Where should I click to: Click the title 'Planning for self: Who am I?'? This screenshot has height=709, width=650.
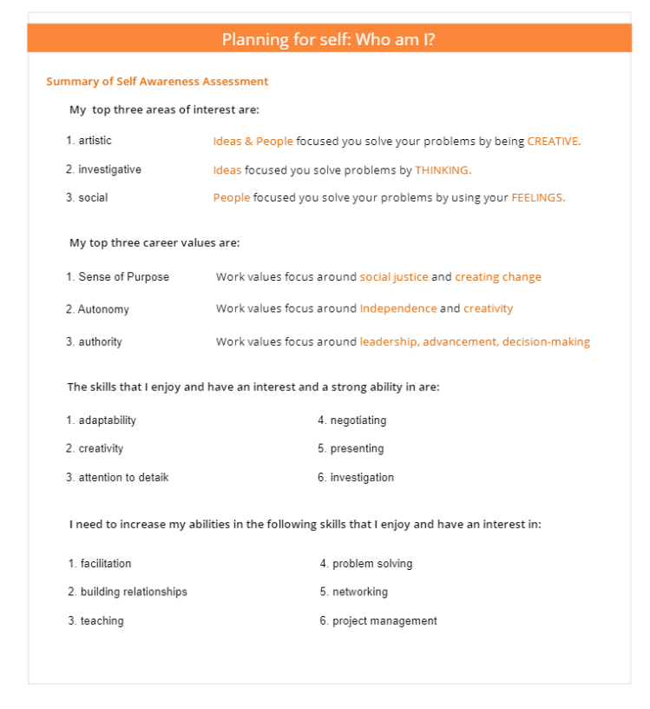(x=328, y=39)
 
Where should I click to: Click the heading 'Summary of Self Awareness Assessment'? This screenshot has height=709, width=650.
(x=157, y=82)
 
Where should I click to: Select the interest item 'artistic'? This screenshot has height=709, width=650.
(x=95, y=141)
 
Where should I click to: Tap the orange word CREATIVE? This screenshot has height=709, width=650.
(x=554, y=142)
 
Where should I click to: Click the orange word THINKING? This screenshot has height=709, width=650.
(x=443, y=170)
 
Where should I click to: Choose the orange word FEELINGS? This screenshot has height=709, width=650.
(x=538, y=198)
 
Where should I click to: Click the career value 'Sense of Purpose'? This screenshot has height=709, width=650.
(x=123, y=277)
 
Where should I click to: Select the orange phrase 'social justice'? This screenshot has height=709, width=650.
(x=394, y=277)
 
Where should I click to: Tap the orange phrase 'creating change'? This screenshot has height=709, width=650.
(x=498, y=277)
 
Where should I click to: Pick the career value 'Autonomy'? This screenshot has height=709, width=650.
(x=103, y=309)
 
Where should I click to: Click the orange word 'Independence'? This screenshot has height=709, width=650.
(x=398, y=308)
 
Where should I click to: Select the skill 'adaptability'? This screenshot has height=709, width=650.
(x=107, y=421)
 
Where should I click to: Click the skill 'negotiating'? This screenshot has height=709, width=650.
(x=358, y=421)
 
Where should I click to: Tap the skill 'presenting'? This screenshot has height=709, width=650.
(x=357, y=449)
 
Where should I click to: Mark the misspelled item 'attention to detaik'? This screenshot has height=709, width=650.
(x=123, y=478)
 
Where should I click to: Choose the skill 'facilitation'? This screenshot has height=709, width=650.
(x=106, y=564)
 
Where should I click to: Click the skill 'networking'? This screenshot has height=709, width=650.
(x=360, y=593)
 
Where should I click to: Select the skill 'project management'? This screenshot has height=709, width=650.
(x=384, y=621)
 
